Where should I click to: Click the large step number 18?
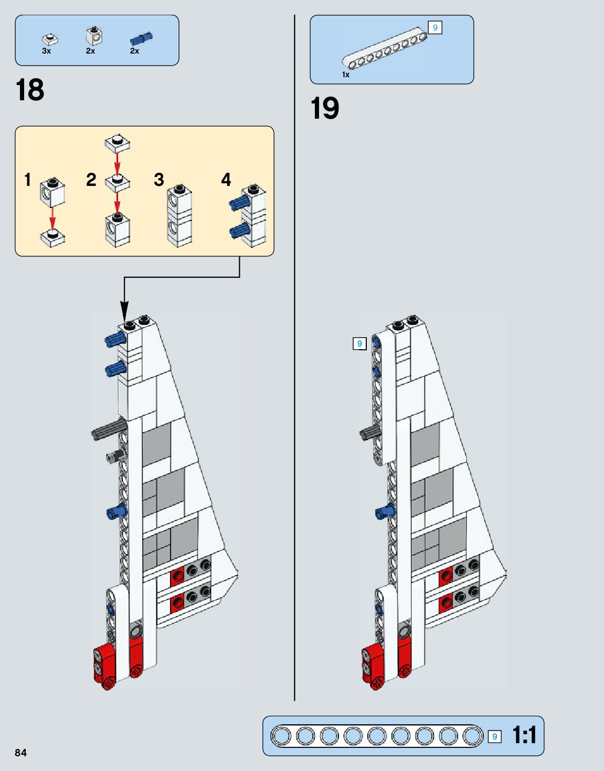30,90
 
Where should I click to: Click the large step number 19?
325,109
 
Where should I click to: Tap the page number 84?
20,753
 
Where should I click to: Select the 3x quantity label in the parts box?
46,51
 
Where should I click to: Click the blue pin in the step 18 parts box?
141,38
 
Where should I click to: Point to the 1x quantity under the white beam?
346,75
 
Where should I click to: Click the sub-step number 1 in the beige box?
28,180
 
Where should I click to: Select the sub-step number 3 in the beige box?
159,180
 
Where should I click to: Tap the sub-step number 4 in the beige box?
226,180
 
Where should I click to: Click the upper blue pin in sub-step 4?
238,204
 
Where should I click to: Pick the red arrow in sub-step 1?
52,217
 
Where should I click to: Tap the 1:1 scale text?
524,735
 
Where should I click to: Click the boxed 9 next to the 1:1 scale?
494,736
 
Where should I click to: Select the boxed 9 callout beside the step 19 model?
359,344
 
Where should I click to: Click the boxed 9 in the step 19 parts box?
435,27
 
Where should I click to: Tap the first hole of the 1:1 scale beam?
282,736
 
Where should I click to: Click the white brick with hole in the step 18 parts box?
94,36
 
